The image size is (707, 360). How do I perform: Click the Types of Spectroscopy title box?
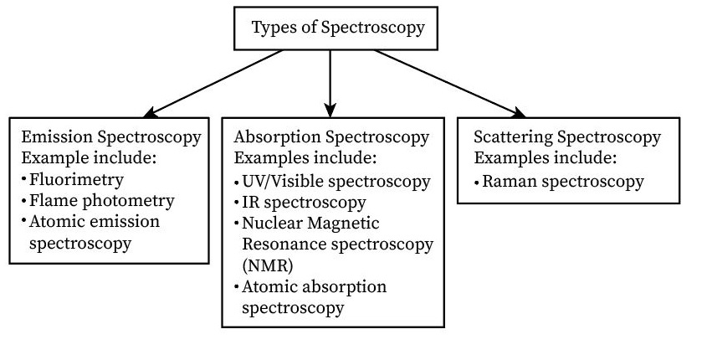point(338,28)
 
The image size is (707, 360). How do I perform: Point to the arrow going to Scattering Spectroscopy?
point(452,82)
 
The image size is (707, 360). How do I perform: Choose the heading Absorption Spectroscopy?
point(331,137)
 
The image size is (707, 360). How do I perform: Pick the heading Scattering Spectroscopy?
point(566,137)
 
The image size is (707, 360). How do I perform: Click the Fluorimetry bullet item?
point(76,179)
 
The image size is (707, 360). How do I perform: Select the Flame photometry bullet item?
point(101,201)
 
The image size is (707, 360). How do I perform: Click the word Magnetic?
point(344,224)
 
